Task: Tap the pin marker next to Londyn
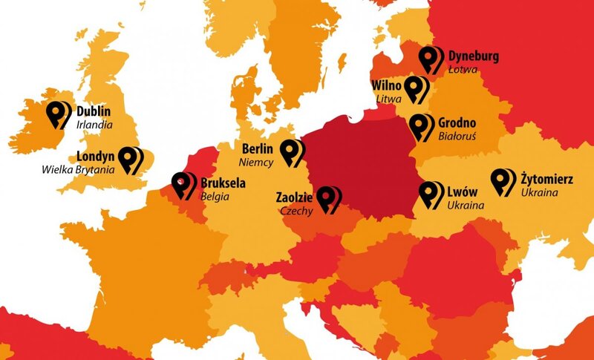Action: [x=131, y=160]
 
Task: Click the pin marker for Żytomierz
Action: [x=503, y=182]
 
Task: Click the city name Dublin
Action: [x=94, y=111]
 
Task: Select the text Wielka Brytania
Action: [x=78, y=170]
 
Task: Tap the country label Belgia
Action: [x=215, y=197]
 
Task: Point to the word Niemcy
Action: [x=256, y=161]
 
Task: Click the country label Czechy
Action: [x=296, y=211]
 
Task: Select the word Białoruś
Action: [x=457, y=137]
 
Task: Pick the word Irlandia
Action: [x=94, y=125]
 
